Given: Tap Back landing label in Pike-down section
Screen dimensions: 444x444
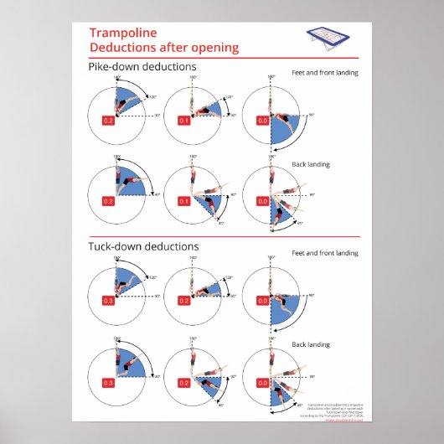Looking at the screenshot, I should [310, 165].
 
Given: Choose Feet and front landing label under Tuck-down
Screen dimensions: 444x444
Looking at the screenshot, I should [324, 253].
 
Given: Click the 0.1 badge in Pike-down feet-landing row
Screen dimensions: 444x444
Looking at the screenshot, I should [184, 120].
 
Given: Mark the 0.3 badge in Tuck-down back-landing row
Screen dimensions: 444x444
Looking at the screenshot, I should [107, 382].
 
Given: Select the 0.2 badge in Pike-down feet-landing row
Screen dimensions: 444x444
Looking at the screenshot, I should [107, 120].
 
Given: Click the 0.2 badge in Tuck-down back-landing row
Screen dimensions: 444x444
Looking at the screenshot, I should [183, 382].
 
